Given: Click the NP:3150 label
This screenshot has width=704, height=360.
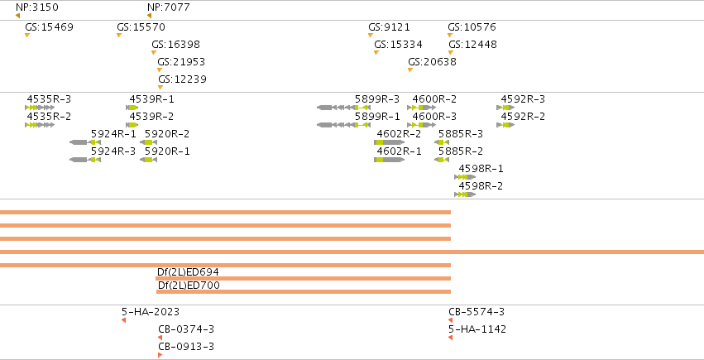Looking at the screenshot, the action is [37, 7].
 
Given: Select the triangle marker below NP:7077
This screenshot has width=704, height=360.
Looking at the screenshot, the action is [150, 17].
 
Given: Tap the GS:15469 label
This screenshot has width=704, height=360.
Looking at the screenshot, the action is [49, 27].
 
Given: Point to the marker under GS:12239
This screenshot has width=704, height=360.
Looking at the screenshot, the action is [160, 87].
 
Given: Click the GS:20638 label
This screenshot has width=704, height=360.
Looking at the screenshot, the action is [432, 62].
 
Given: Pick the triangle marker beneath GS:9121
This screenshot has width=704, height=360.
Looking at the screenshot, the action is [371, 35].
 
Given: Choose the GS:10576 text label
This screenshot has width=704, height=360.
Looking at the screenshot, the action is [472, 27].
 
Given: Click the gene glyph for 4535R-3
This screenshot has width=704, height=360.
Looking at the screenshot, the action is [40, 108].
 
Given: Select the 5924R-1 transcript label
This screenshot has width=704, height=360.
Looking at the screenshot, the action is [113, 134].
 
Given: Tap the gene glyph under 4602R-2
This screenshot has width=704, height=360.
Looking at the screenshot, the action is [390, 142].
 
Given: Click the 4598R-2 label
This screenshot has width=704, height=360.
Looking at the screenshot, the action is [481, 186].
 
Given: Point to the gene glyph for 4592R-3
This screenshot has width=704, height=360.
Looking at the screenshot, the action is [505, 108].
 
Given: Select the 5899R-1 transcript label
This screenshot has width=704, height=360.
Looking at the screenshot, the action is [377, 117].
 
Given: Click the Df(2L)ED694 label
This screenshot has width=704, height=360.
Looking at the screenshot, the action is [188, 272].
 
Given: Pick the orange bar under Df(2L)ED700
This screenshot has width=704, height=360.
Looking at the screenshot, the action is [304, 292].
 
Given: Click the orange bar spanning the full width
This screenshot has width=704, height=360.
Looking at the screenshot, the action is [352, 252].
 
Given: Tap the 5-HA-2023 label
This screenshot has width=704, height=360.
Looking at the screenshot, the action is [151, 311].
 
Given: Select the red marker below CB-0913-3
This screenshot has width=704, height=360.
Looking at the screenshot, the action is [160, 355].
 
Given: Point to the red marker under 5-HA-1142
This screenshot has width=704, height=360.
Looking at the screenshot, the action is [450, 338].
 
